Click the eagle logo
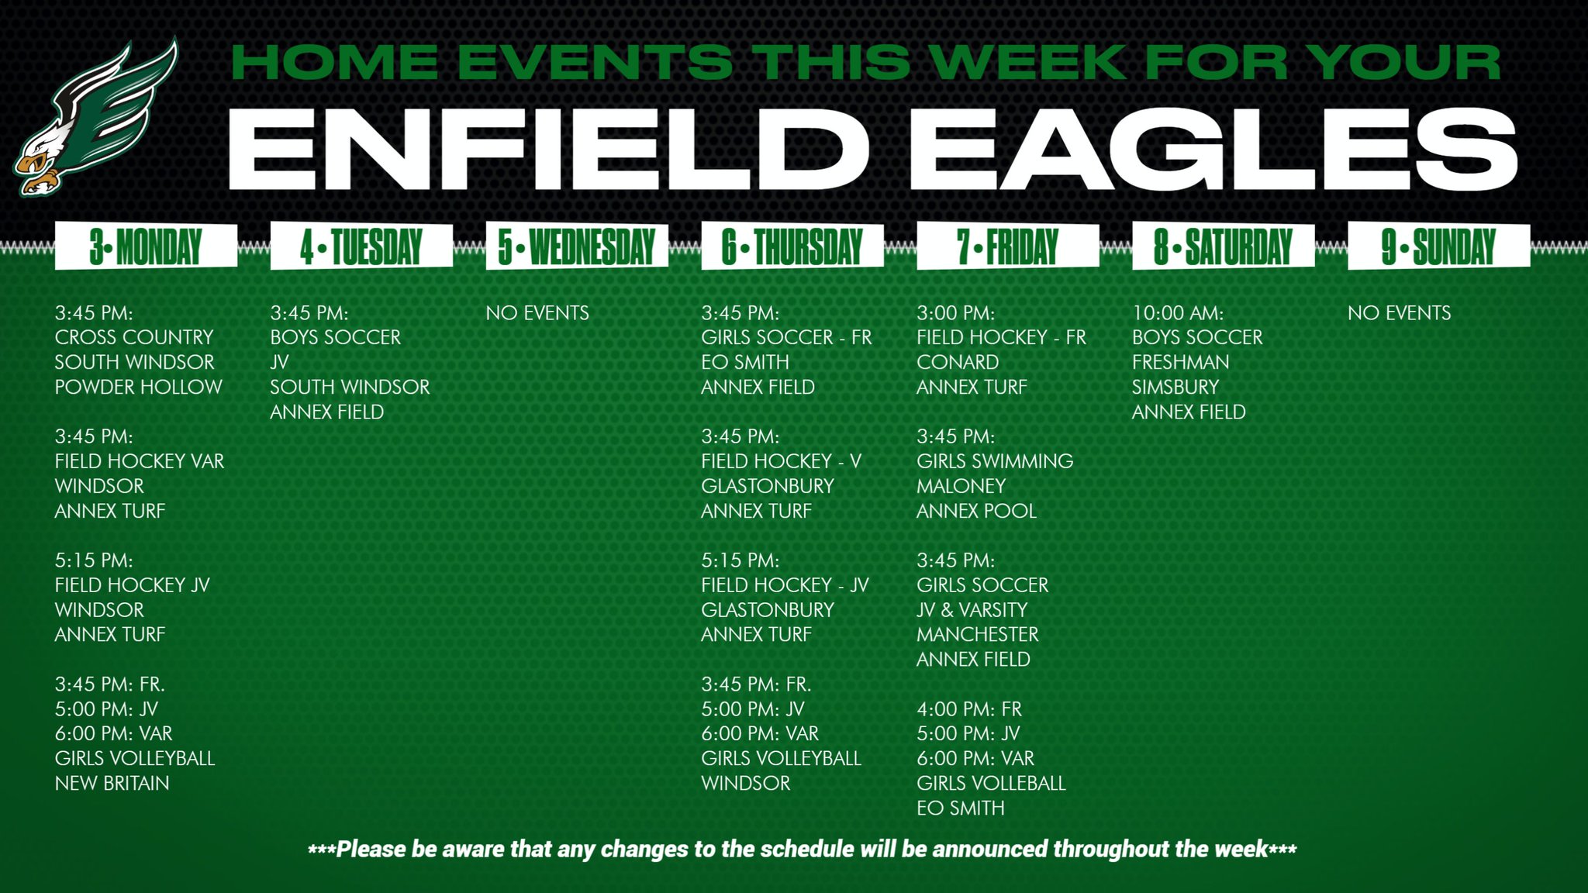(95, 116)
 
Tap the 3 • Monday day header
(146, 247)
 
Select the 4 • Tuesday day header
(361, 247)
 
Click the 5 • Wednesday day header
(577, 247)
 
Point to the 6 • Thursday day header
(792, 247)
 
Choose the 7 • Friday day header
(1007, 247)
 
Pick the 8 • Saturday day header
(1223, 247)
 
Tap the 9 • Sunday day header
(1438, 247)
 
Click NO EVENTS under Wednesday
(537, 313)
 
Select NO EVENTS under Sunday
(1399, 313)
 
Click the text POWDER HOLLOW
(138, 387)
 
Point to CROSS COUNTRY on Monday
(133, 337)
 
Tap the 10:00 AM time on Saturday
(1177, 313)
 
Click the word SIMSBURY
(1175, 387)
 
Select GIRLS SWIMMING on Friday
(995, 461)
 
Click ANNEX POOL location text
(976, 511)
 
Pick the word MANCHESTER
(977, 634)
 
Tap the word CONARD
(958, 362)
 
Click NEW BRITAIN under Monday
(112, 783)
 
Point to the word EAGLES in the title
(1213, 150)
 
